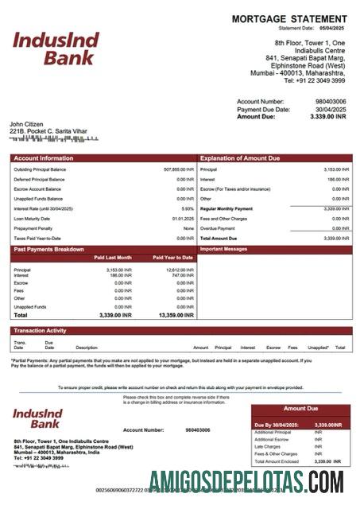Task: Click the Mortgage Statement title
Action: point(288,19)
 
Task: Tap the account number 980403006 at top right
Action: point(331,102)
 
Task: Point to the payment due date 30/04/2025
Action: point(331,109)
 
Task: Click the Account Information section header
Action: point(44,158)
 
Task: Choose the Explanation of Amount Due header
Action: point(240,158)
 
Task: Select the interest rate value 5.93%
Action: point(188,208)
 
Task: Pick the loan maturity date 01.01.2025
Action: point(183,218)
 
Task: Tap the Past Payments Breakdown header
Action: point(48,249)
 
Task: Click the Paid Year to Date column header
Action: point(172,258)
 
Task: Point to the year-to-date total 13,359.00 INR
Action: point(175,316)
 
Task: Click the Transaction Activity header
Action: point(40,330)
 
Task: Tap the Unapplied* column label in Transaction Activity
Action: point(318,348)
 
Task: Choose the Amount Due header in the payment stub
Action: point(300,408)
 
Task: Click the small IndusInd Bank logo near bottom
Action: point(44,420)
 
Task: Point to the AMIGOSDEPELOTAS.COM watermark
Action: point(246,481)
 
